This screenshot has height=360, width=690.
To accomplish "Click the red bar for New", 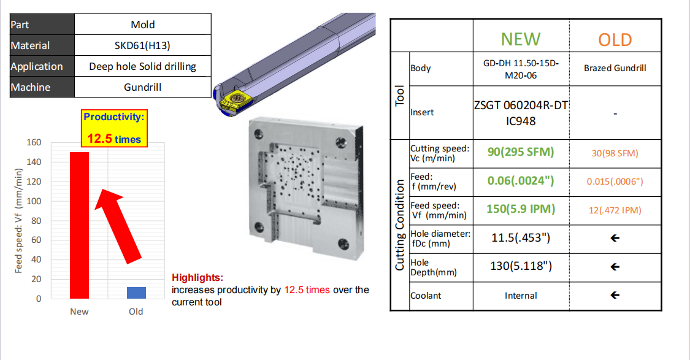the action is coord(79,225).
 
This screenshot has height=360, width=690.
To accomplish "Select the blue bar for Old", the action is coord(136,293).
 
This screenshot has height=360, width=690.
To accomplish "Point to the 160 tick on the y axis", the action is coord(34,142).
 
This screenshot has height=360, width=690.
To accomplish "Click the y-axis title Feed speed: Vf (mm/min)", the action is coord(18,221).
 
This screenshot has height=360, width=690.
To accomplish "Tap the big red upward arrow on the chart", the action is coord(117,226).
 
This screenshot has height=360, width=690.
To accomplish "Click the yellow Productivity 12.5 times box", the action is coord(115,128).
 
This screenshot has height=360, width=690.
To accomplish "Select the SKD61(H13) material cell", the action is coord(142,45).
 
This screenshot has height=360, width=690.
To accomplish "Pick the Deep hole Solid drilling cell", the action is coord(142,66).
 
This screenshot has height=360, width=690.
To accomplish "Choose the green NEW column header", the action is coord(521,39).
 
